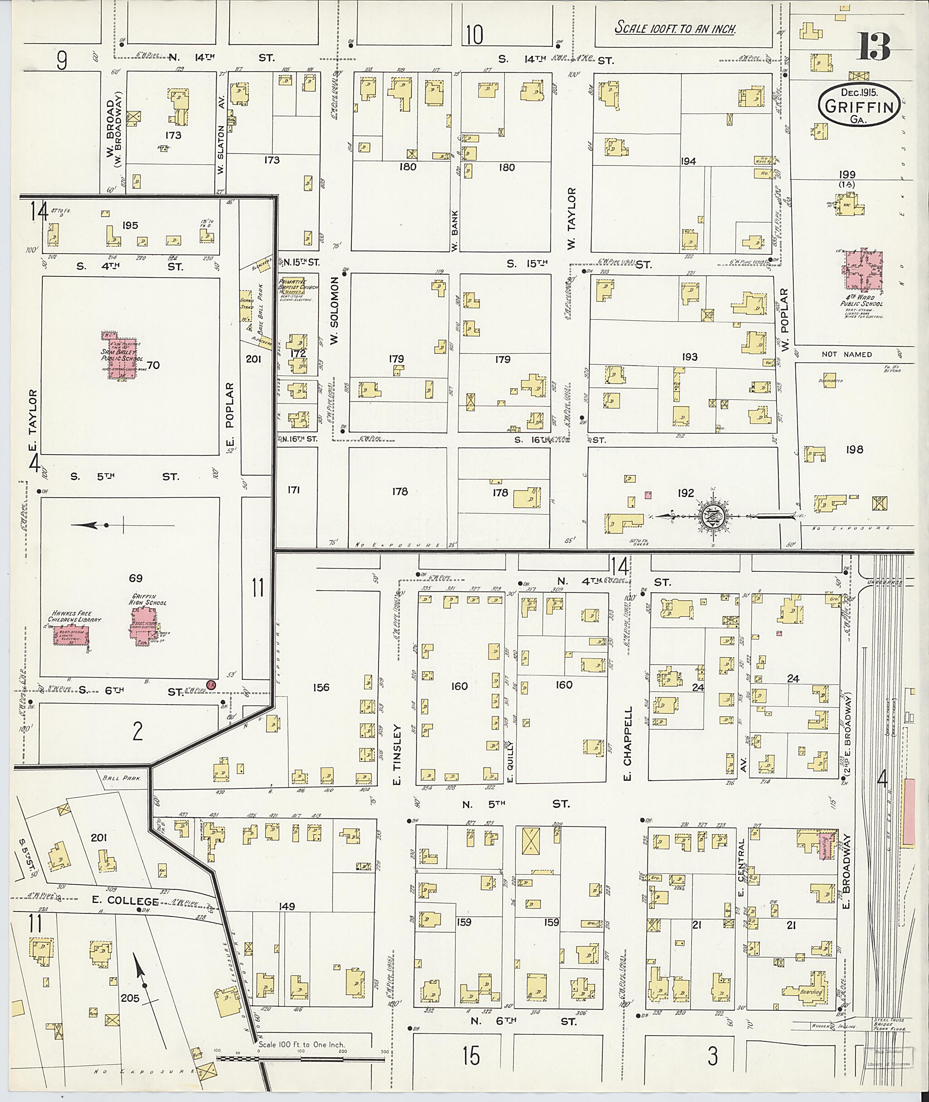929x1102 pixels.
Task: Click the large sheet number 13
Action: tap(874, 47)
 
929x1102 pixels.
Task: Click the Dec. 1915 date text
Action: tap(858, 93)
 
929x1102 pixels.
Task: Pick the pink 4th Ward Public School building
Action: tap(863, 269)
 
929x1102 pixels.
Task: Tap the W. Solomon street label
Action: tap(334, 311)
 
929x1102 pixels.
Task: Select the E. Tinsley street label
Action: tap(398, 754)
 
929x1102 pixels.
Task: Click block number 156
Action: tap(321, 687)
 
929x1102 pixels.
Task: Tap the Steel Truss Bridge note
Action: tap(890, 1024)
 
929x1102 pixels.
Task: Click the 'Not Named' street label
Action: tap(846, 354)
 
